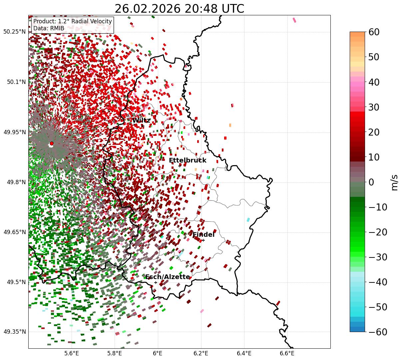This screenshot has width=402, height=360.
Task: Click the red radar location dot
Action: point(52,144)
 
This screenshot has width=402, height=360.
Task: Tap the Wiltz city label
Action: point(141,121)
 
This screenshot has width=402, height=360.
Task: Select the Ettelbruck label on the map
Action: point(188,161)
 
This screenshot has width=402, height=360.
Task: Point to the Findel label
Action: point(203,235)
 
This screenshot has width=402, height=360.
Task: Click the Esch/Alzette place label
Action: point(168,277)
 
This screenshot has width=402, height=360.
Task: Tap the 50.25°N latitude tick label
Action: point(14,32)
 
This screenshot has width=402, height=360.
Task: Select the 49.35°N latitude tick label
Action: point(14,332)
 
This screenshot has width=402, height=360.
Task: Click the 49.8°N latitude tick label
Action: point(16,182)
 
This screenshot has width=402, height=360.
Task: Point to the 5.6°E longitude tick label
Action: point(72,353)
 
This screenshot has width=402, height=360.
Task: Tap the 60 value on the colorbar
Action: point(374,32)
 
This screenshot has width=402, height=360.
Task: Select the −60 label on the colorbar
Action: point(378,332)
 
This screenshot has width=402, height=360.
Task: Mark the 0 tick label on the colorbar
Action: point(371,182)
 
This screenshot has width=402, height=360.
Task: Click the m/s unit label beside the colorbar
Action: point(395,182)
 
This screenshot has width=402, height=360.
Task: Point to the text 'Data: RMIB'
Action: point(49,28)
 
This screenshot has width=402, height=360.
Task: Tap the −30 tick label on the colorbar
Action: point(378,257)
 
